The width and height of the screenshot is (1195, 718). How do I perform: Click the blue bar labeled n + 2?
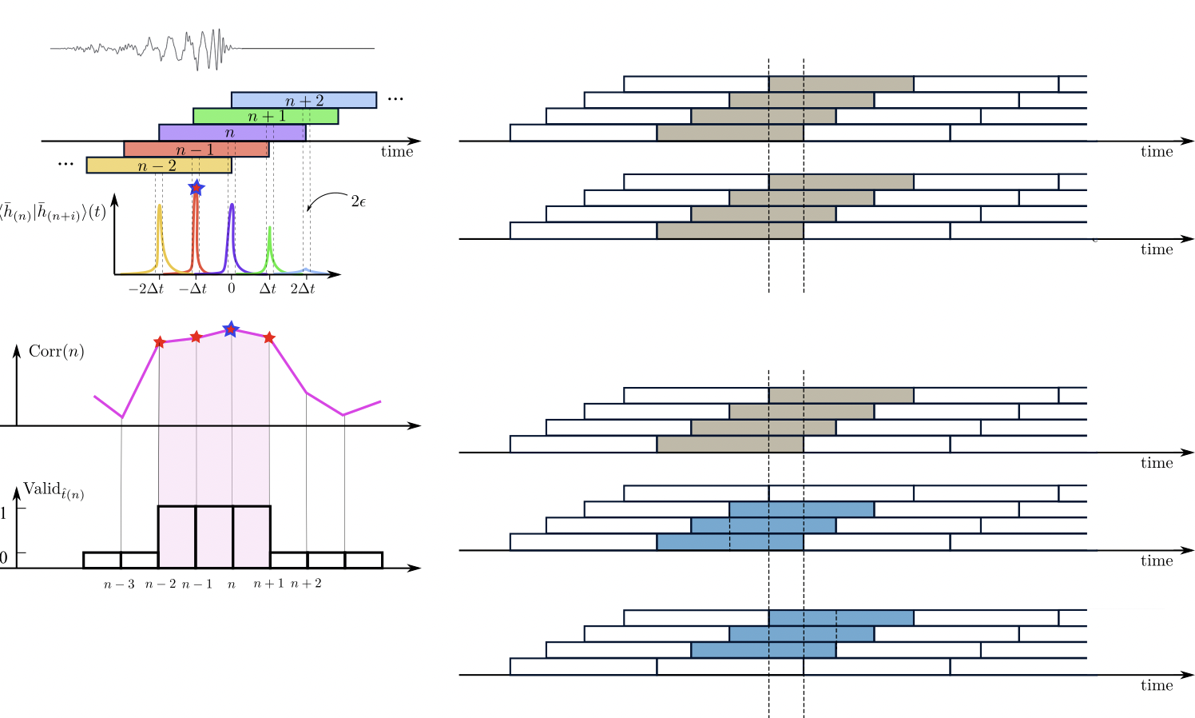304,100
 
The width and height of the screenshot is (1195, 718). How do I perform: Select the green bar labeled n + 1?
265,116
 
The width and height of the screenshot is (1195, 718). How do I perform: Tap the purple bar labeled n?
232,133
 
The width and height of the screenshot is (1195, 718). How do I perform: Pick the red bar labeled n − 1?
196,150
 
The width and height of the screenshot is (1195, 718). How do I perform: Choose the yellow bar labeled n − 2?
158,166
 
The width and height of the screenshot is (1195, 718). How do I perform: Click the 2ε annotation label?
359,201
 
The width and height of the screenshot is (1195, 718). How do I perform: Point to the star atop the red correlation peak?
197,188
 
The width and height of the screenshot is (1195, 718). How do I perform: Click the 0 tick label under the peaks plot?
232,289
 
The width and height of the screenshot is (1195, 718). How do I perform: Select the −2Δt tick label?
145,289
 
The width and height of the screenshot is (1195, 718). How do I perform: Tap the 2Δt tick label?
303,289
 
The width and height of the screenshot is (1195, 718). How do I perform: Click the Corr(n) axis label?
56,352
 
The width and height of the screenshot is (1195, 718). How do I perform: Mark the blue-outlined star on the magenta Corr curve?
231,329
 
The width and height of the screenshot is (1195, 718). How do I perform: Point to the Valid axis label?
54,490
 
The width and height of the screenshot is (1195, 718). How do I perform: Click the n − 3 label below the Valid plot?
119,584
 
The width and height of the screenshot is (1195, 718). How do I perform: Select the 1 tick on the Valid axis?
3,513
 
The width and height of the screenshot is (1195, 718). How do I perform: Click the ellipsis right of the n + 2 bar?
395,99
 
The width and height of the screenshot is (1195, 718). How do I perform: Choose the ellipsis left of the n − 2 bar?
66,165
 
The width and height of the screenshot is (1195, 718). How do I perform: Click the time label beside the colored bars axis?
397,152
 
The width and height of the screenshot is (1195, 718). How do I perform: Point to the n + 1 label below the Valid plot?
268,584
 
